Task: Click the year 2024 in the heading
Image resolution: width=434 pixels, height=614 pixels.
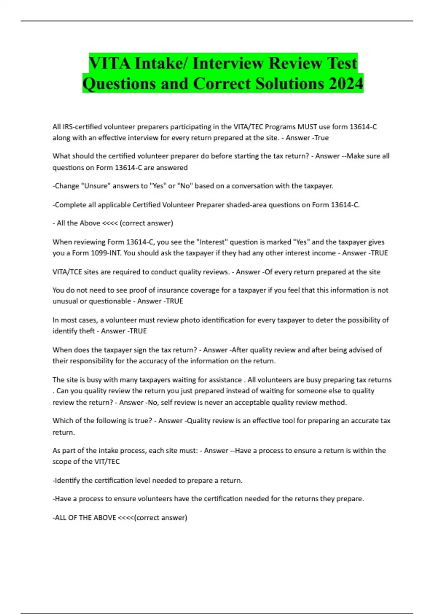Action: coord(346,83)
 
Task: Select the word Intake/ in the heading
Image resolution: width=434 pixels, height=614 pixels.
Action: coord(161,63)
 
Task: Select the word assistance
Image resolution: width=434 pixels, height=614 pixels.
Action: coord(223,380)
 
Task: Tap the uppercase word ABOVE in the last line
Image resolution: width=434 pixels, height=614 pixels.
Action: coord(105,518)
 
